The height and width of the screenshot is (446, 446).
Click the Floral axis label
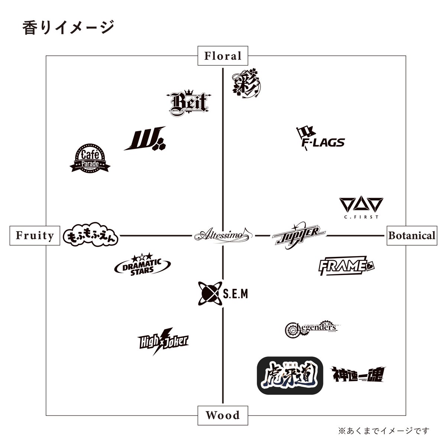[x=223, y=56]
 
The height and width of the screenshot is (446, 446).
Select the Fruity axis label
[x=35, y=236]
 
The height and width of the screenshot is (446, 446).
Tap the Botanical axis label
[x=411, y=236]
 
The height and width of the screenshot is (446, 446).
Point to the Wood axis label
[x=223, y=415]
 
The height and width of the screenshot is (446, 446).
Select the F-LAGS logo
[x=320, y=138]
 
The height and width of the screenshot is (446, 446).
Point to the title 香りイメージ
[x=67, y=28]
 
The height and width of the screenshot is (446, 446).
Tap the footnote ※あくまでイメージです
[x=383, y=431]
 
